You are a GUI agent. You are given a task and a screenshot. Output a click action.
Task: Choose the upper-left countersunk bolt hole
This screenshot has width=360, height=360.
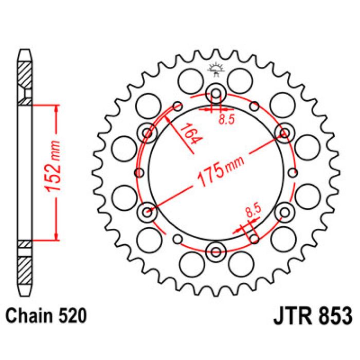pos(148,134)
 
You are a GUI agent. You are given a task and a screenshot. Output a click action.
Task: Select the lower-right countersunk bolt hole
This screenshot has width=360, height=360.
pos(283,211)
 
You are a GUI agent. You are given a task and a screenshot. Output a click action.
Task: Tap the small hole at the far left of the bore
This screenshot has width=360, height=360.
pos(138,172)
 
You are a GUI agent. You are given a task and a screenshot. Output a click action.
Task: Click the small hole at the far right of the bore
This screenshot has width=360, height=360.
pos(294,172)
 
